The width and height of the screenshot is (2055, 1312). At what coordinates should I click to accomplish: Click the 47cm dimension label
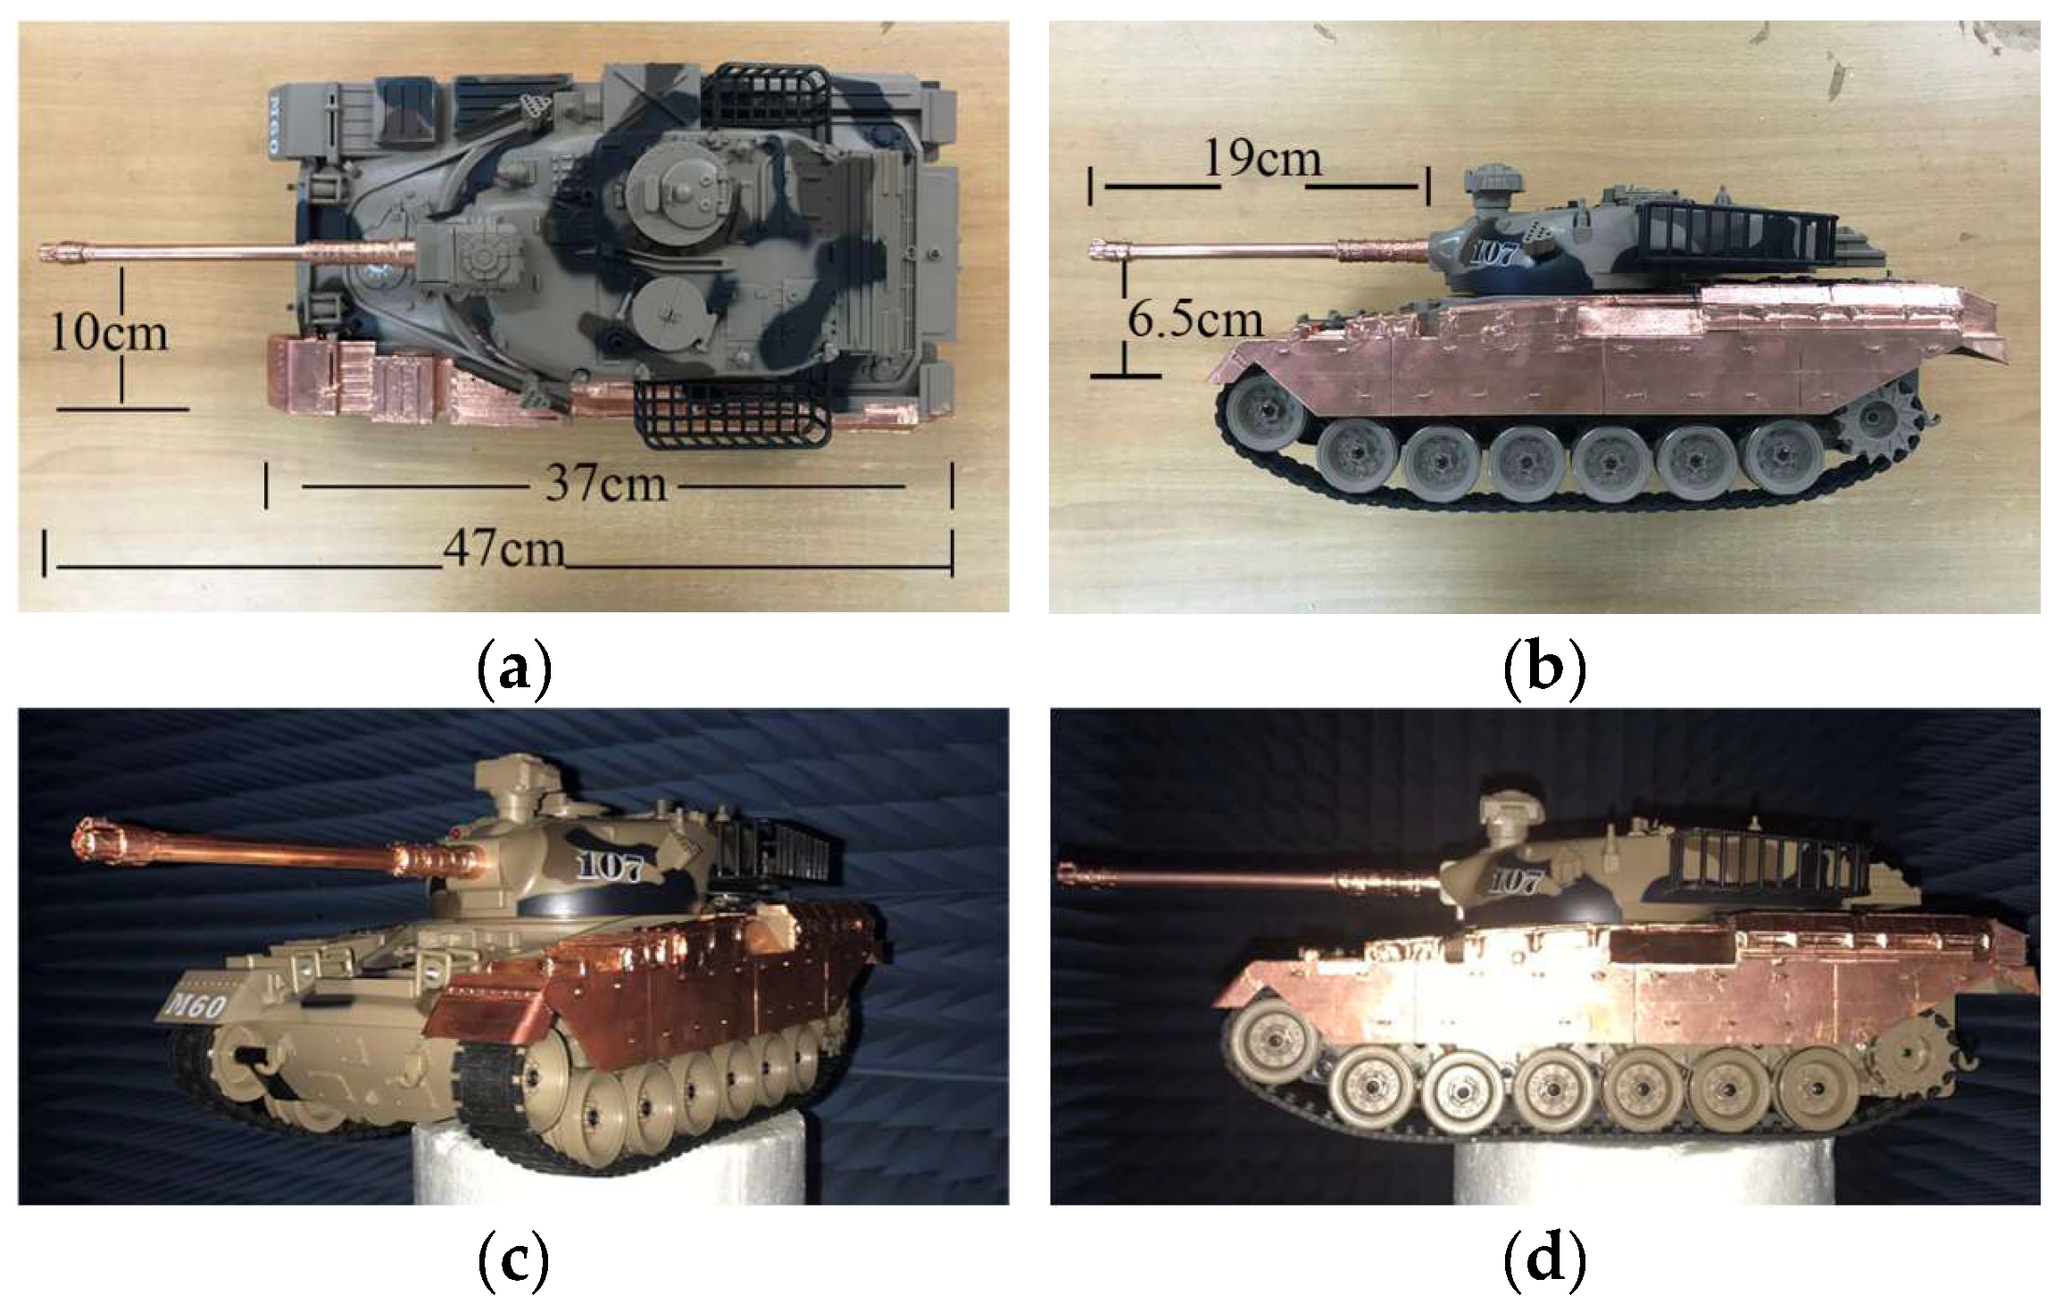(503, 549)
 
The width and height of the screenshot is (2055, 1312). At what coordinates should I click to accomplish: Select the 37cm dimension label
(606, 484)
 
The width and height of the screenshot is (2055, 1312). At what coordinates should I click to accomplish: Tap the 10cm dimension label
(109, 333)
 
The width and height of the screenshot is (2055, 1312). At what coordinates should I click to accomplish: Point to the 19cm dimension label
(1261, 159)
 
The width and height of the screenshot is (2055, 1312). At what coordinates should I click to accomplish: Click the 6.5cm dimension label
(1195, 320)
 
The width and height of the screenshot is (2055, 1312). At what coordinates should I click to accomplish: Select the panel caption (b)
(1544, 670)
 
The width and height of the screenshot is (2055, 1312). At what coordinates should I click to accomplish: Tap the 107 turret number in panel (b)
(1492, 255)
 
